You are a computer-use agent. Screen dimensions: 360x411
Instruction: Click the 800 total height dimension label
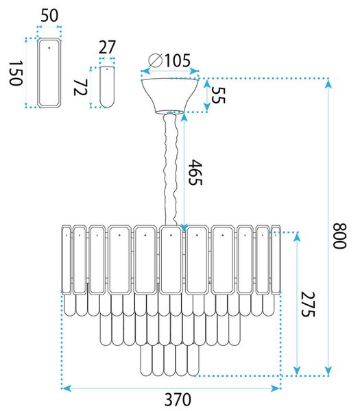tap(340, 236)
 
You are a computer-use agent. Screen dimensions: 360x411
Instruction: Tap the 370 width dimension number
tap(178, 400)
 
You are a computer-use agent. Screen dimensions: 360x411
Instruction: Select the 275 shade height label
tap(307, 304)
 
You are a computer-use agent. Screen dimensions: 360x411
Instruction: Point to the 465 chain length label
tap(195, 172)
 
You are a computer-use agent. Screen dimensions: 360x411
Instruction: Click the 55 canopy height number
tap(218, 95)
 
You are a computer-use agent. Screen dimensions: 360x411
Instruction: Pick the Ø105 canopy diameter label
tap(169, 61)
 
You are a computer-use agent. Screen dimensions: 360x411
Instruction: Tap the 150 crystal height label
tap(16, 73)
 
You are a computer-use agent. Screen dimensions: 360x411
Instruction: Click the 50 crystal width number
tap(49, 16)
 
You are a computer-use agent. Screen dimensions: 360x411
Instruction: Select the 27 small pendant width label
tap(107, 47)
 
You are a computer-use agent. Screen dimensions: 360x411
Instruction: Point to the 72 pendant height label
tap(80, 88)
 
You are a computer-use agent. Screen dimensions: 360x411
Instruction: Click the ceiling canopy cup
tap(170, 96)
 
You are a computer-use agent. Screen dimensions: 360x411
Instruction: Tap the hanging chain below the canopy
tap(171, 170)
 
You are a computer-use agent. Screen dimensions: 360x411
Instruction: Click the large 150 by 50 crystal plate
tap(49, 73)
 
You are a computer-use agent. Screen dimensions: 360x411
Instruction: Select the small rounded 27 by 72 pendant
tap(107, 87)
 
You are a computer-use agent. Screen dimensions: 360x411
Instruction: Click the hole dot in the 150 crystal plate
tap(49, 48)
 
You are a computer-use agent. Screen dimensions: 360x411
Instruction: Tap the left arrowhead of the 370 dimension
tap(66, 388)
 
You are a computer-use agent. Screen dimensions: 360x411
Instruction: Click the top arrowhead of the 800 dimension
tap(328, 84)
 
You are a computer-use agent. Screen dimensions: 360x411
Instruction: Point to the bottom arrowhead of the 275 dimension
tap(297, 371)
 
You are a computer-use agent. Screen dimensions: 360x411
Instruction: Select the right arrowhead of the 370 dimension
tap(276, 388)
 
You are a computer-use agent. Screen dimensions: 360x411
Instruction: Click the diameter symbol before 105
tap(155, 61)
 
